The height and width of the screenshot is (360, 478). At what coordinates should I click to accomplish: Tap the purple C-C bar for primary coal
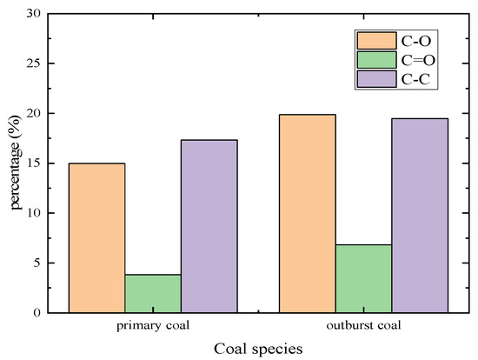point(209,226)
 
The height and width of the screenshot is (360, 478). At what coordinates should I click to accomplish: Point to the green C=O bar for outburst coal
point(364,278)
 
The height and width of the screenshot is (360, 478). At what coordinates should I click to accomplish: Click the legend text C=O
point(413,60)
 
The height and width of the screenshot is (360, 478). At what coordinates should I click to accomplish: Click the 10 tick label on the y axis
point(31,213)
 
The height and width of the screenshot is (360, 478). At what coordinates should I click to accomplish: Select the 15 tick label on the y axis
point(31,163)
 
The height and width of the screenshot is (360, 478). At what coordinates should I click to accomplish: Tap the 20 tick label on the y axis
point(31,114)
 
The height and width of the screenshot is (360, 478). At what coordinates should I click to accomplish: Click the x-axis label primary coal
point(153,328)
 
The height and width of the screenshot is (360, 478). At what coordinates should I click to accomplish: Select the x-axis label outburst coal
point(364,328)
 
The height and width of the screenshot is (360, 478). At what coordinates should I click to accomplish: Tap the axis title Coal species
point(258,349)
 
